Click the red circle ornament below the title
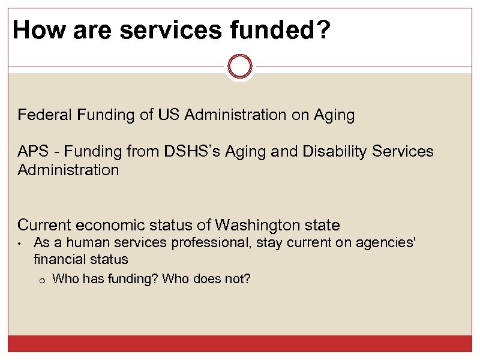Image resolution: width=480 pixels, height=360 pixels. point(240,66)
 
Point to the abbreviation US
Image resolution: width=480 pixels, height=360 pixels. point(170,115)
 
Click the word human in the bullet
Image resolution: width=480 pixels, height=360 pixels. point(83,243)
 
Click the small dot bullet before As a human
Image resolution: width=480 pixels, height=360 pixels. point(20,244)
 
